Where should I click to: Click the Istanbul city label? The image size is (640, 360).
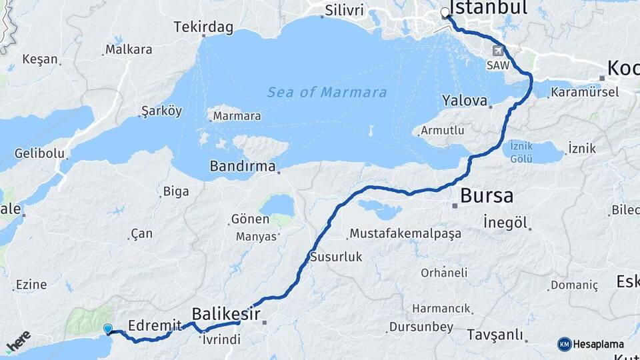pyautogui.click(x=489, y=7)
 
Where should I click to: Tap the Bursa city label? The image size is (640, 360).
pyautogui.click(x=487, y=196)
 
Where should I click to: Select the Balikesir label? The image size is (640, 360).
pyautogui.click(x=225, y=313)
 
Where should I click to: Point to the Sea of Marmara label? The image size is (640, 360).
pyautogui.click(x=327, y=93)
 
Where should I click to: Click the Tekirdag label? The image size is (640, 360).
pyautogui.click(x=203, y=27)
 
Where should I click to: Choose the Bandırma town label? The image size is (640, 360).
pyautogui.click(x=243, y=166)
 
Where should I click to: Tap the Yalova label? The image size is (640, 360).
pyautogui.click(x=465, y=101)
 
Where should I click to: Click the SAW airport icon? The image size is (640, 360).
pyautogui.click(x=498, y=51)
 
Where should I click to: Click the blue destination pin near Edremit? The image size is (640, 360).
pyautogui.click(x=108, y=329)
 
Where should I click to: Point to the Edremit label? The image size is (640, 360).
pyautogui.click(x=155, y=325)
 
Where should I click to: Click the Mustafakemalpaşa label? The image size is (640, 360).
pyautogui.click(x=395, y=233)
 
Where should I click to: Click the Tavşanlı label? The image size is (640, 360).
pyautogui.click(x=494, y=334)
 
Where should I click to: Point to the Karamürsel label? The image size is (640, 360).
pyautogui.click(x=585, y=92)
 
